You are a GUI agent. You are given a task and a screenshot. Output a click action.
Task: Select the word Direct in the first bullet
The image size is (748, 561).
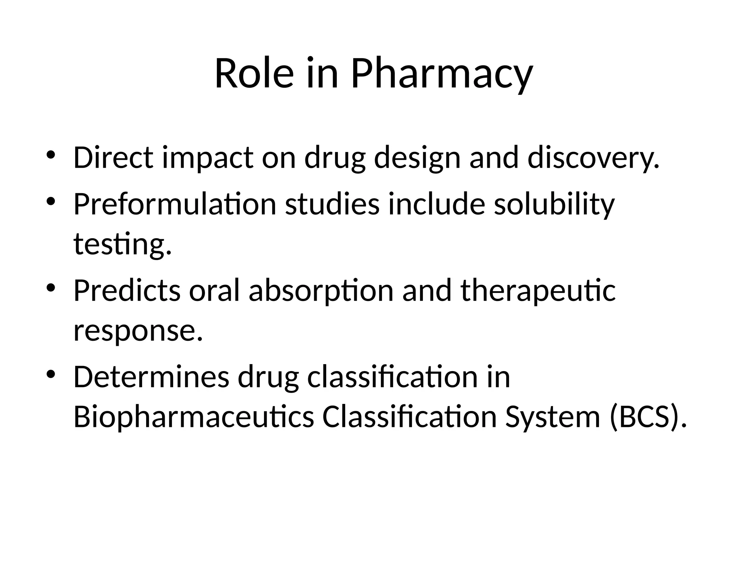point(113,158)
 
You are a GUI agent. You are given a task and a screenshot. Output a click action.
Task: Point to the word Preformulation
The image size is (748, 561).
point(175,205)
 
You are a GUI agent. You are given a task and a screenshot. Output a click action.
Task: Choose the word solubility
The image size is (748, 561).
point(554,205)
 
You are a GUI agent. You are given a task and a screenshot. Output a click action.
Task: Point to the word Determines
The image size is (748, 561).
point(151,377)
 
